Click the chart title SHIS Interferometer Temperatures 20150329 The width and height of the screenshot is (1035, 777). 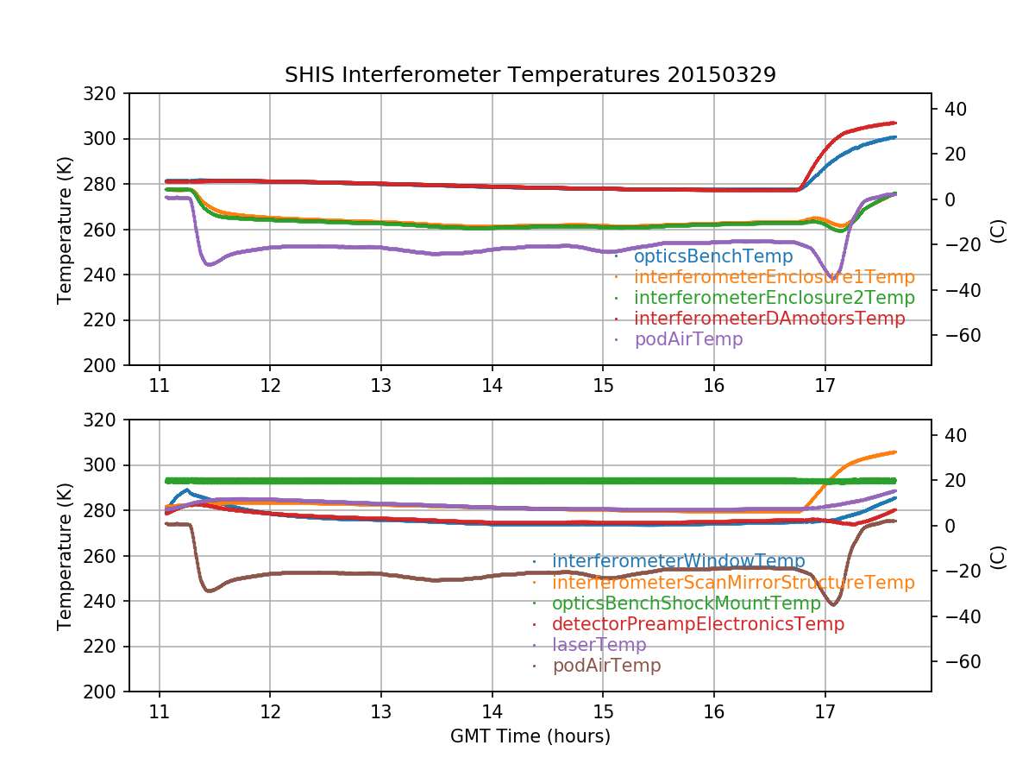point(530,75)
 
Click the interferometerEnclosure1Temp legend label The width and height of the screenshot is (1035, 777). point(774,277)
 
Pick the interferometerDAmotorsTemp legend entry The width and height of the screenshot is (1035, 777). point(769,319)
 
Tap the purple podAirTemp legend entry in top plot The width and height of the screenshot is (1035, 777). point(688,339)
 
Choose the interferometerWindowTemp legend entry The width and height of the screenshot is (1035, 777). point(678,562)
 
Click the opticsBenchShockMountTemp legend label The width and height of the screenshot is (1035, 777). point(687,603)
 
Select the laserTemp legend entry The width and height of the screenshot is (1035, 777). point(599,645)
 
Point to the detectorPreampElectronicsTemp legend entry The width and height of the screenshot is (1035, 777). point(698,624)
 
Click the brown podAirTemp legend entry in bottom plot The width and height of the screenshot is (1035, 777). point(606,666)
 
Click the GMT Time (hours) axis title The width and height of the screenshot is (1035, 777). point(530,736)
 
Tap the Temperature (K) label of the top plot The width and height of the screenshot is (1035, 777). point(65,230)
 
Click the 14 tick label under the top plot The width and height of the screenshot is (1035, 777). point(492,384)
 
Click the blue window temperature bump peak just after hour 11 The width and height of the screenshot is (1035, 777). point(187,490)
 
